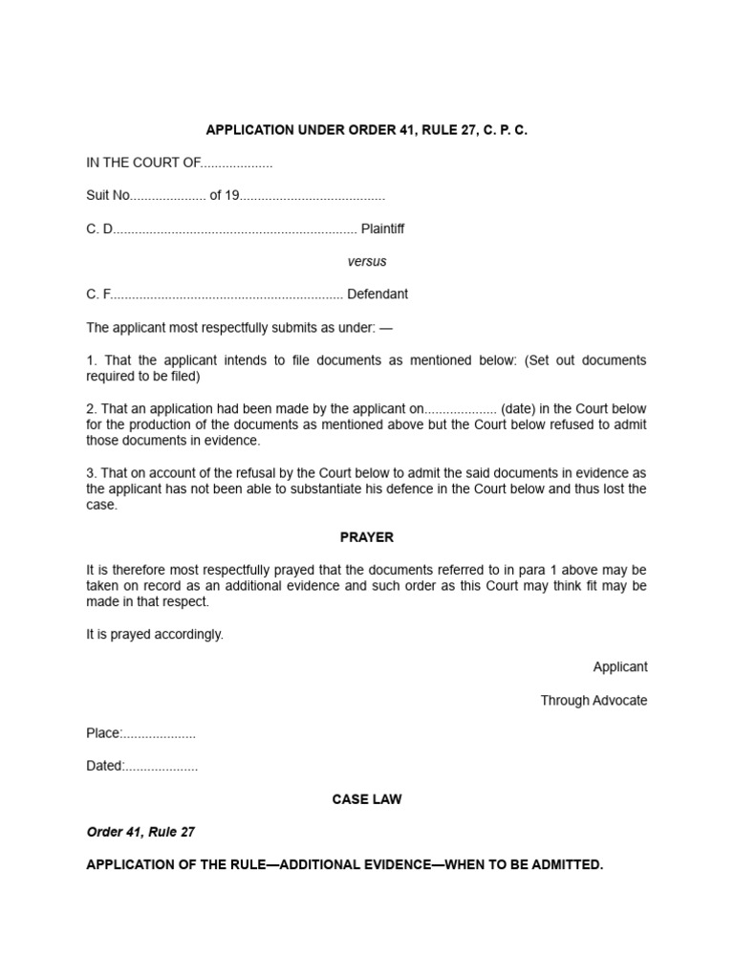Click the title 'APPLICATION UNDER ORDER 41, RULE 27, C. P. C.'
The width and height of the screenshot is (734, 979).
[366, 130]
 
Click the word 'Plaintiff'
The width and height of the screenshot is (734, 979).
[382, 228]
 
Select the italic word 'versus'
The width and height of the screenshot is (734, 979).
[367, 261]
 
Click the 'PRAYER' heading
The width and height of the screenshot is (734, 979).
[367, 537]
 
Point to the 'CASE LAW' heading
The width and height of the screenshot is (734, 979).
[367, 799]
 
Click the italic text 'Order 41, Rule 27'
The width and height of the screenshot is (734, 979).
[140, 832]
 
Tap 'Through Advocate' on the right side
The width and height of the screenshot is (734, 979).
[594, 701]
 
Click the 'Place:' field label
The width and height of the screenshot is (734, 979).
[104, 733]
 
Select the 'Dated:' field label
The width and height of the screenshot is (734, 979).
[105, 766]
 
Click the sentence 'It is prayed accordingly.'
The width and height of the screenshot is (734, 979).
[155, 635]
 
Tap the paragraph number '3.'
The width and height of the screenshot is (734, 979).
[92, 473]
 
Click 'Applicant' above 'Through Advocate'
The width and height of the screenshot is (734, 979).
[619, 667]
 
